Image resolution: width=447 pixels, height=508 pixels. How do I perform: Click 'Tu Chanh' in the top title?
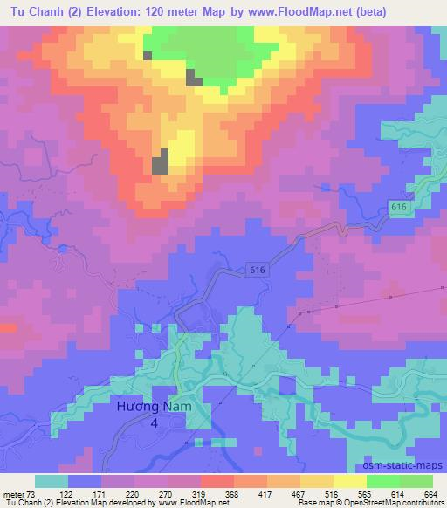point(35,12)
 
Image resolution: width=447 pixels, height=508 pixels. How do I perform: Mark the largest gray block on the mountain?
point(160,162)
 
